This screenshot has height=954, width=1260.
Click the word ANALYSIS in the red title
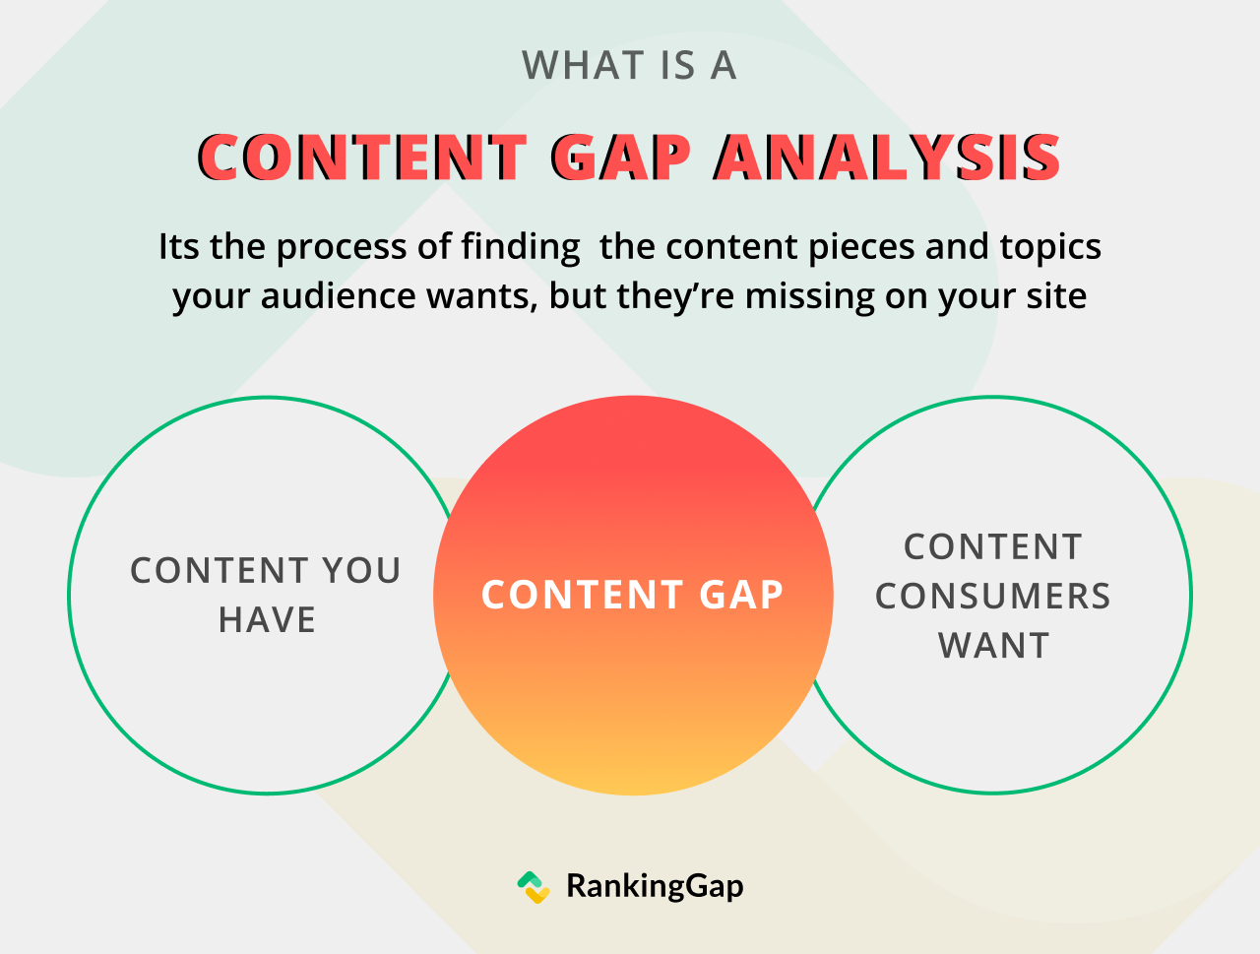tap(887, 158)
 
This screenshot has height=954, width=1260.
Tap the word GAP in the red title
tap(620, 158)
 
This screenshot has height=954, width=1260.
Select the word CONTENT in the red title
tap(362, 158)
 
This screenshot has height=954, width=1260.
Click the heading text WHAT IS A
tap(629, 65)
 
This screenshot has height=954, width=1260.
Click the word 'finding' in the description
tap(521, 247)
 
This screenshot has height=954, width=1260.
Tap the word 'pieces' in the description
tap(861, 248)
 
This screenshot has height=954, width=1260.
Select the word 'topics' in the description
tap(1050, 248)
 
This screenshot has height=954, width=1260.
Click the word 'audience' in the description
tap(338, 296)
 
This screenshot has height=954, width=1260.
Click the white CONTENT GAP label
tap(633, 595)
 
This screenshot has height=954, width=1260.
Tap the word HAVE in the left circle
tap(267, 620)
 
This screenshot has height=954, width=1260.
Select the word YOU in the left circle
tap(361, 571)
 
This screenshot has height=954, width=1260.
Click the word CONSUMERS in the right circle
tap(993, 596)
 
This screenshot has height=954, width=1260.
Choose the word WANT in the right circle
tap(993, 645)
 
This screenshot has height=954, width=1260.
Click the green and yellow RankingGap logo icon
tap(534, 887)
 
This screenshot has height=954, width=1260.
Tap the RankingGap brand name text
tap(655, 886)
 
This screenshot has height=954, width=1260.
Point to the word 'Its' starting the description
tap(178, 247)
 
